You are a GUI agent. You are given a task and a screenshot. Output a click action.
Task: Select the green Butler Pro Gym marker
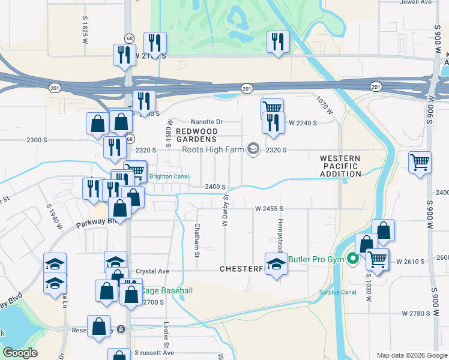[353, 259]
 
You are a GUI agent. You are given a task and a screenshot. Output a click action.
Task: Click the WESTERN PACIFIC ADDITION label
[341, 166]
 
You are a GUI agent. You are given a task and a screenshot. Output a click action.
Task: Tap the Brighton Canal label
[169, 176]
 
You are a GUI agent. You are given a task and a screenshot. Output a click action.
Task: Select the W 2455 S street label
[268, 209]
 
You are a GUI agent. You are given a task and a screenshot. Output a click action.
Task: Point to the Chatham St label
[197, 240]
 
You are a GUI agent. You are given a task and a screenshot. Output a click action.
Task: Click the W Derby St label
[226, 209]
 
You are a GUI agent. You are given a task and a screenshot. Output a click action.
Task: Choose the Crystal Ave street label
[150, 271]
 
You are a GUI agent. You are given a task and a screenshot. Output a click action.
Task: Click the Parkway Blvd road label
[90, 225]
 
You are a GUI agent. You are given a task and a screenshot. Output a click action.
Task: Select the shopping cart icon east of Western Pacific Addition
[420, 161]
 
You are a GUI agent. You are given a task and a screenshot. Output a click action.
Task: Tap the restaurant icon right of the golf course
[277, 41]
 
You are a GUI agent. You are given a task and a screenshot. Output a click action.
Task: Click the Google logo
[20, 353]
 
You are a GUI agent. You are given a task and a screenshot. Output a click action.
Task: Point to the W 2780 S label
[416, 313]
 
